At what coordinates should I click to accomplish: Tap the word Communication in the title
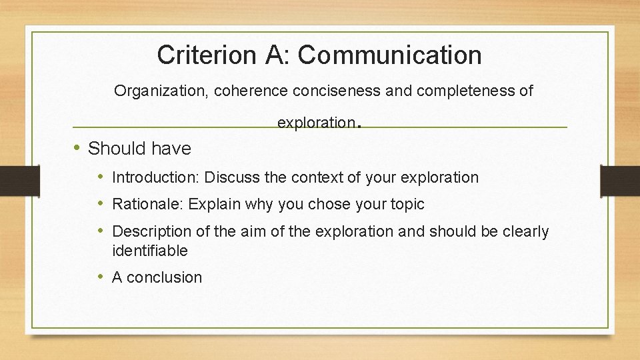389,55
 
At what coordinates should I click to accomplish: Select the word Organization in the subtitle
160,91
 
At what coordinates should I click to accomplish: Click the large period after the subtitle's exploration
360,124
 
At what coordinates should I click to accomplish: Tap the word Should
116,148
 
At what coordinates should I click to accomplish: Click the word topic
407,204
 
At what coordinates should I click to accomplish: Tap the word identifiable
150,251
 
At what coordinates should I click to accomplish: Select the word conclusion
164,277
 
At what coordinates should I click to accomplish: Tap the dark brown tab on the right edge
620,180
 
